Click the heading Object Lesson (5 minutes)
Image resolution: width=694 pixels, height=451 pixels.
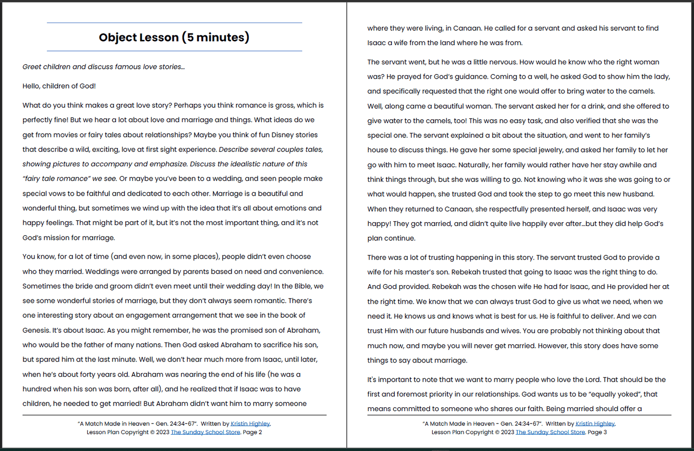(174, 38)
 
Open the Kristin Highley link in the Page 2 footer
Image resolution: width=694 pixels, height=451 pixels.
(250, 424)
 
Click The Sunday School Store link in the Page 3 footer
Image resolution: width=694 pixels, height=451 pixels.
(550, 432)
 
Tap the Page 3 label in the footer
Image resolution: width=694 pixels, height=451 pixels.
(597, 432)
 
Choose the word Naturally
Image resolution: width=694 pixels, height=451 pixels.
(474, 165)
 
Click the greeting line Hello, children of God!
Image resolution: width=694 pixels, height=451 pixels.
(59, 86)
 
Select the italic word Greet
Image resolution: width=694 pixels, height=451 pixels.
(32, 67)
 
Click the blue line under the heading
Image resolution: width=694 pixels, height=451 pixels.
(174, 51)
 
